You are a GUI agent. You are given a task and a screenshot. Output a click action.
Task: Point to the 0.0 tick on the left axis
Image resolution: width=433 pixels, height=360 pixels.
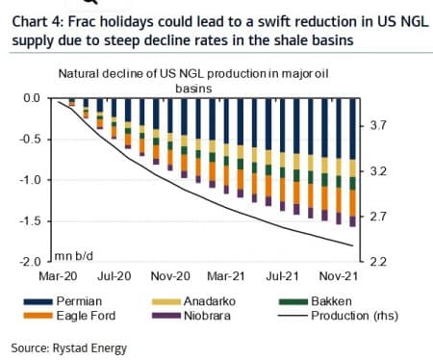pos(32,98)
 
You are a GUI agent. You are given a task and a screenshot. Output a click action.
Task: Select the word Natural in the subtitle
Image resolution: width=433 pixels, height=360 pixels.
pos(81,73)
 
